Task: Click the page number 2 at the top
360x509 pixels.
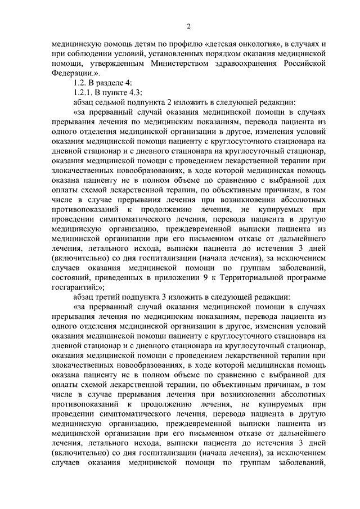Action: point(188,26)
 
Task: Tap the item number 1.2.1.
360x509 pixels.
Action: point(83,93)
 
